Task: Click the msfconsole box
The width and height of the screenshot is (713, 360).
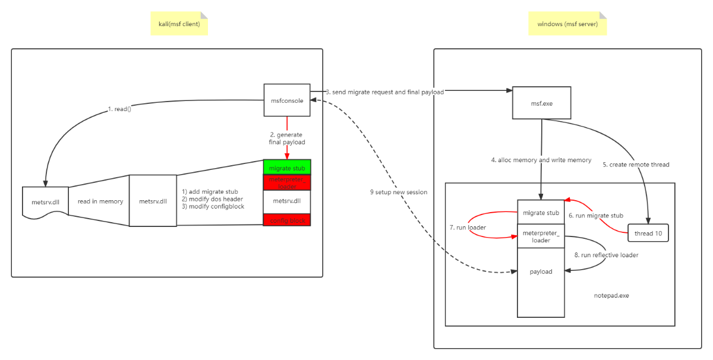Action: [287, 100]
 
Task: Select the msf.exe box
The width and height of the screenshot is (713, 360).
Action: [541, 103]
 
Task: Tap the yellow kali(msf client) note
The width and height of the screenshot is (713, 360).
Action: [179, 24]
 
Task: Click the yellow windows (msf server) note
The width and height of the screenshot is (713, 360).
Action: [567, 24]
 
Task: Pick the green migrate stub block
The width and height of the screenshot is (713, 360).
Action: [287, 168]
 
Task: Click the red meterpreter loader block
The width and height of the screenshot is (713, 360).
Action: [287, 182]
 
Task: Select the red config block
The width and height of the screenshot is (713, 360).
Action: [287, 220]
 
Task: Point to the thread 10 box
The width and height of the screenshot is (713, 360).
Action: [648, 233]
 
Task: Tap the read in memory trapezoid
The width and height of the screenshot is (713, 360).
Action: [100, 201]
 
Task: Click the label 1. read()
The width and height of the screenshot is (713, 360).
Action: [119, 109]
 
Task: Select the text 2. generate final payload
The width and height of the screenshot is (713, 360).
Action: [287, 138]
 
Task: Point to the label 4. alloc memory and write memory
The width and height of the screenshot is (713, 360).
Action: [541, 160]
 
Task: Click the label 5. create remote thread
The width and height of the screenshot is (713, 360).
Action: [636, 164]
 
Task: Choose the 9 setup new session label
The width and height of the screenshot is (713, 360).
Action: [398, 192]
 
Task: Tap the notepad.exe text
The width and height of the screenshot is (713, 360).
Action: [611, 295]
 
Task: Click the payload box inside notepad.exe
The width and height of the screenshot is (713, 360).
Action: [541, 272]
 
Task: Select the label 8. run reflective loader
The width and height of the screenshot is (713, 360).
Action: [605, 255]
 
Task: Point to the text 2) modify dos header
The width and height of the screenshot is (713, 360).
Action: [213, 199]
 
